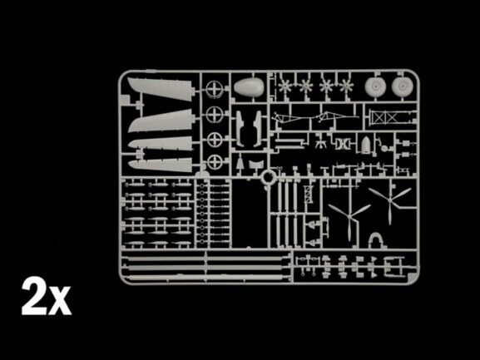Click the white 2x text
47,296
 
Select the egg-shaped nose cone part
249,87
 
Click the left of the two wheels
376,87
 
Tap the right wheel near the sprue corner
403,86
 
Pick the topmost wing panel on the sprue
161,88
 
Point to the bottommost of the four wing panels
161,165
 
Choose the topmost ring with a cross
214,89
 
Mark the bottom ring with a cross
215,162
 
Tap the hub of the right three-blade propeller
389,201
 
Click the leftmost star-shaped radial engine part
285,86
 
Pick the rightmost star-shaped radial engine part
347,86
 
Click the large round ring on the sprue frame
268,177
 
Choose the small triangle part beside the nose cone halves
240,162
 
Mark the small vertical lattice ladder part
308,195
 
